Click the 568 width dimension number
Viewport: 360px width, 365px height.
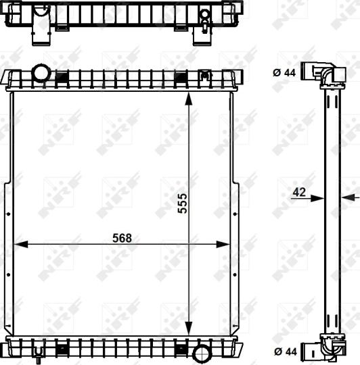(122, 238)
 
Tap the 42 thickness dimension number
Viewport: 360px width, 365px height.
(299, 193)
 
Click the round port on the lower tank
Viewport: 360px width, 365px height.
(201, 353)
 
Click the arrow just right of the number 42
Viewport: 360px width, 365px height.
(319, 198)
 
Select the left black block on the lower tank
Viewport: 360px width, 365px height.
(62, 349)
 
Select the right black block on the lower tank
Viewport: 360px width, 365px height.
(181, 349)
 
